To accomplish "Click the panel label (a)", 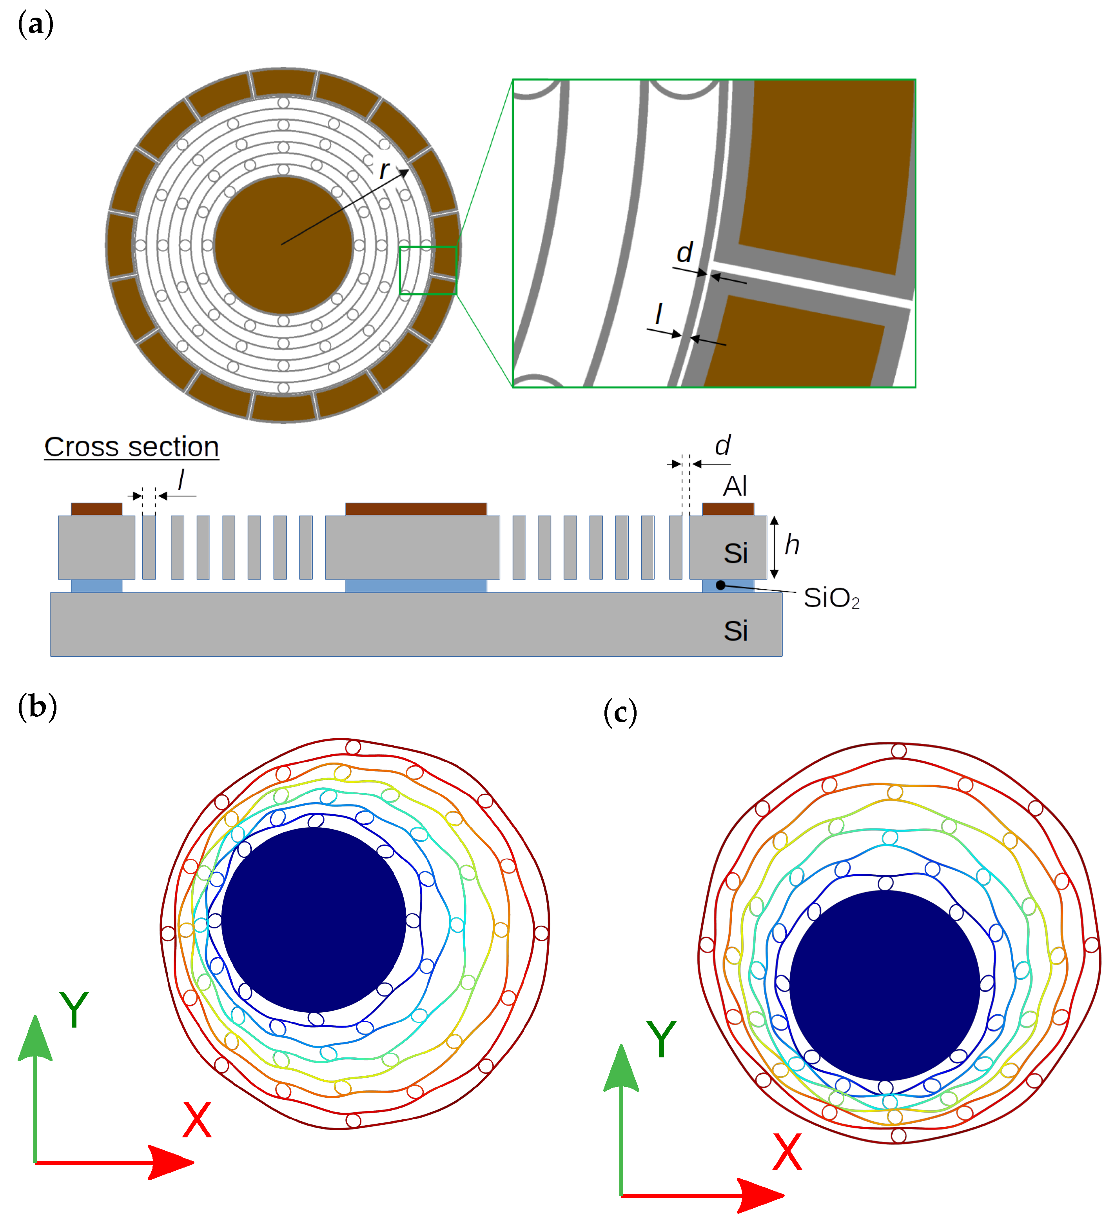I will [36, 25].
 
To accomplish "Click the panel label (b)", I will [37, 707].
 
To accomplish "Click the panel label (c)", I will [620, 712].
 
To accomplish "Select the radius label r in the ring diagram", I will [384, 170].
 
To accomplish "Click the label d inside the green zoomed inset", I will [685, 252].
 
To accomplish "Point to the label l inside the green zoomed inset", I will [659, 314].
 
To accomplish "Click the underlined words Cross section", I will [131, 447].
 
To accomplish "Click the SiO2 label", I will [831, 598].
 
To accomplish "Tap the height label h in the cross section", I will [792, 545].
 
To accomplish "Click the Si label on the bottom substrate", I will [735, 631].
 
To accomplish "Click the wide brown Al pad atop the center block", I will [416, 509].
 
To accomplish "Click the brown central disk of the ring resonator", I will [283, 245].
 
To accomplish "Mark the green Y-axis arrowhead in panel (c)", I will [621, 1069].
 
